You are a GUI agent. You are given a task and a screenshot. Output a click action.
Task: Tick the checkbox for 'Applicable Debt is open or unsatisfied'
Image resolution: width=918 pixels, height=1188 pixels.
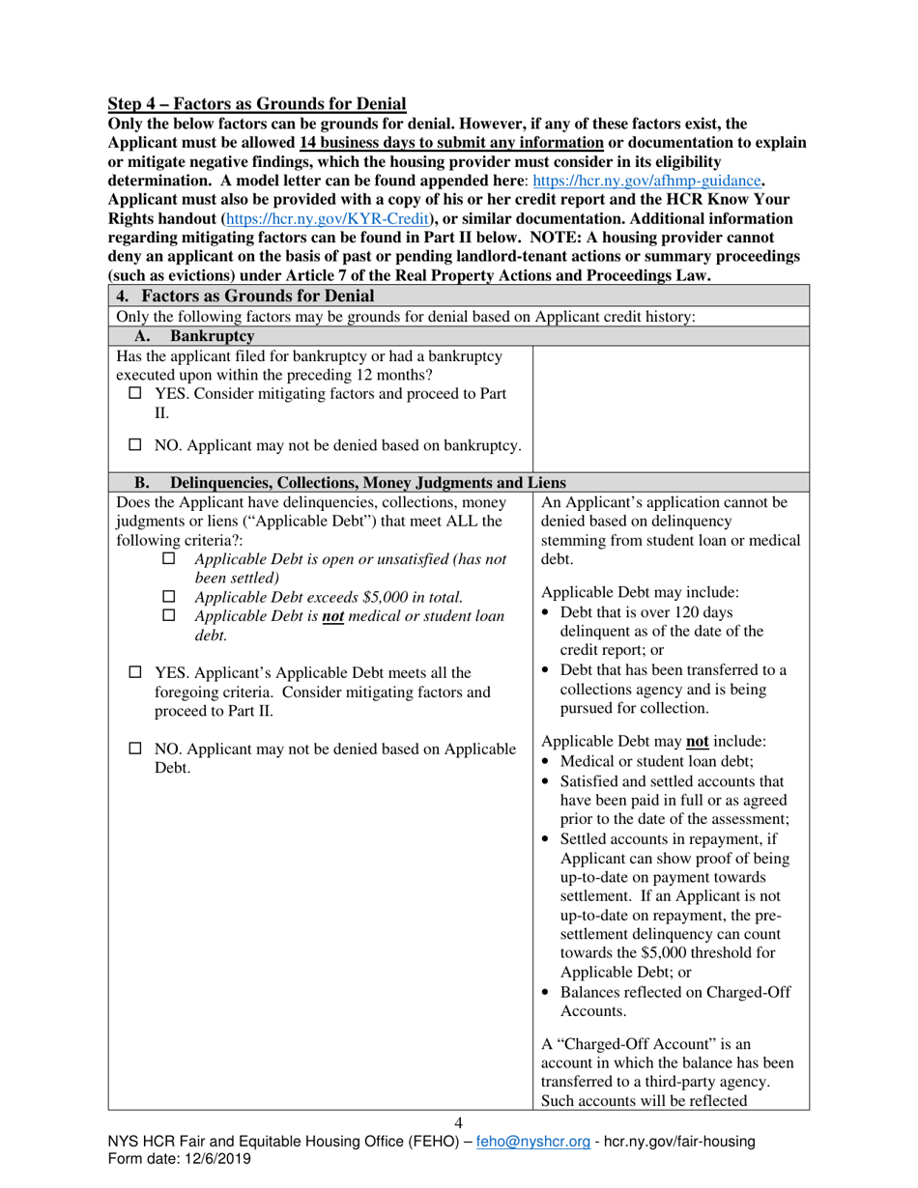point(170,559)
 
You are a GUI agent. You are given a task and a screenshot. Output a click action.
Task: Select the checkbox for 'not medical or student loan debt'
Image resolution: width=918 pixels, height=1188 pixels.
point(170,616)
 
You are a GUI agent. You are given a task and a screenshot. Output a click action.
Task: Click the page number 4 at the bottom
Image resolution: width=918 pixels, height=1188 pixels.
point(458,1122)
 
